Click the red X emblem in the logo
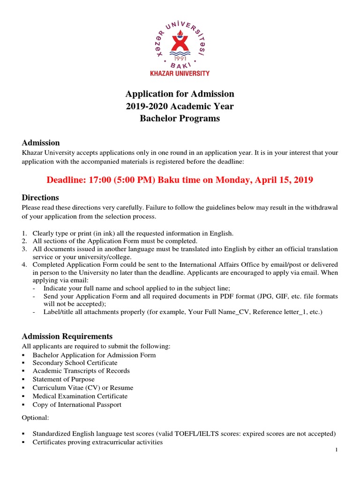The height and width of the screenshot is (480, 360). pyautogui.click(x=180, y=41)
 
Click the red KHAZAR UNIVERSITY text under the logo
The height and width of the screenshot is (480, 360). pyautogui.click(x=180, y=73)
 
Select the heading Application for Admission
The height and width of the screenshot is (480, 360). pyautogui.click(x=180, y=94)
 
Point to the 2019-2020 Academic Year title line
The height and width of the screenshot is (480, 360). pyautogui.click(x=180, y=106)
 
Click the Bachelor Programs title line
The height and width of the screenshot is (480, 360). pyautogui.click(x=180, y=119)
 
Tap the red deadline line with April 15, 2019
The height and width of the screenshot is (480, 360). pyautogui.click(x=180, y=180)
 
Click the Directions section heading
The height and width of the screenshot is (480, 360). pyautogui.click(x=40, y=197)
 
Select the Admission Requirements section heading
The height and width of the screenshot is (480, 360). pyautogui.click(x=67, y=336)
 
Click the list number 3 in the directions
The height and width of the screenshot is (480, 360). pyautogui.click(x=24, y=248)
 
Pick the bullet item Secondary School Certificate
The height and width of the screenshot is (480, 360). pyautogui.click(x=75, y=363)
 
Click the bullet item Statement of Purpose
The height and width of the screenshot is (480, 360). pyautogui.click(x=63, y=379)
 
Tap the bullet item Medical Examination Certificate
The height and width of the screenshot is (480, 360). pyautogui.click(x=80, y=396)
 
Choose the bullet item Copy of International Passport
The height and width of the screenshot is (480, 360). pyautogui.click(x=77, y=405)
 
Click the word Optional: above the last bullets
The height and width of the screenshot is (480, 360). pyautogui.click(x=35, y=417)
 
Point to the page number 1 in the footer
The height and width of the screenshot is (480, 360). pyautogui.click(x=337, y=450)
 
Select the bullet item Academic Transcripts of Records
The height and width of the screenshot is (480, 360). pyautogui.click(x=81, y=371)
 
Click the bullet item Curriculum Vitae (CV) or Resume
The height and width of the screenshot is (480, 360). pyautogui.click(x=82, y=388)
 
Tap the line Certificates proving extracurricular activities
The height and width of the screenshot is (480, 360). pyautogui.click(x=97, y=442)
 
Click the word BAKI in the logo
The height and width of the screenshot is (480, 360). pyautogui.click(x=180, y=66)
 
